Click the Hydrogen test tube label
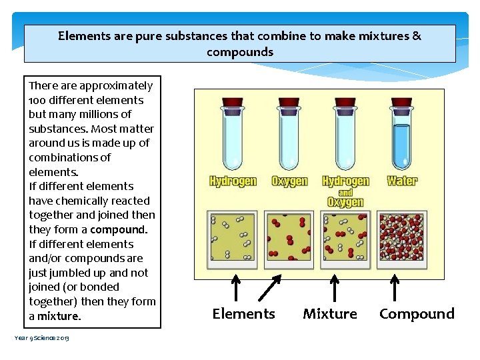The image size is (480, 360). [x=233, y=181]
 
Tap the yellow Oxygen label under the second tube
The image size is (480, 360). [x=290, y=181]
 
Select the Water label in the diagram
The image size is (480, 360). [x=402, y=181]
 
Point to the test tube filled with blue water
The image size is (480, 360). [x=401, y=137]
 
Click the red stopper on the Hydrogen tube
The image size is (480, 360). [x=232, y=103]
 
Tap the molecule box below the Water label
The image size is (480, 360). [x=401, y=236]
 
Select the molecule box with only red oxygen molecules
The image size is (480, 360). [x=289, y=236]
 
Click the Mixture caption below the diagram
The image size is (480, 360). [x=330, y=313]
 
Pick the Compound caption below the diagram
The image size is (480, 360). [x=417, y=313]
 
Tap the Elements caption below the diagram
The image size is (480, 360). [x=243, y=313]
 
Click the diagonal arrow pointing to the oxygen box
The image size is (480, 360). [x=270, y=289]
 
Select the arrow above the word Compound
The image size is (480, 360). [x=394, y=289]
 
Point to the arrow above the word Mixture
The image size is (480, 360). [x=333, y=289]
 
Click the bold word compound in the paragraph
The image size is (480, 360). [x=118, y=229]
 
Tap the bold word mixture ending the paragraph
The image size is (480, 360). [x=59, y=316]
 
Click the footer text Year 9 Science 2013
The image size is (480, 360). [x=41, y=338]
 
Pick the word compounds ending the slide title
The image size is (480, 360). [x=240, y=52]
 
